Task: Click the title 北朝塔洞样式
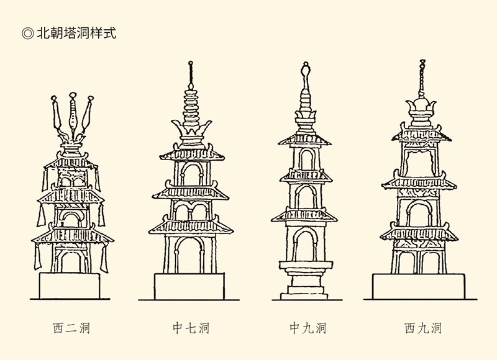click(x=76, y=33)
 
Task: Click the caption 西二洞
click(x=71, y=328)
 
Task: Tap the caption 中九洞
click(x=308, y=328)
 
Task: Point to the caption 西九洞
click(x=423, y=328)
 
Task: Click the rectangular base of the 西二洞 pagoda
click(x=70, y=285)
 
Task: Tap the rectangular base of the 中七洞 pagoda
click(x=191, y=286)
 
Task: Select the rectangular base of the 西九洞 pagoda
click(x=419, y=286)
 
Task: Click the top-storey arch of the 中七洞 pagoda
click(x=191, y=174)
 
